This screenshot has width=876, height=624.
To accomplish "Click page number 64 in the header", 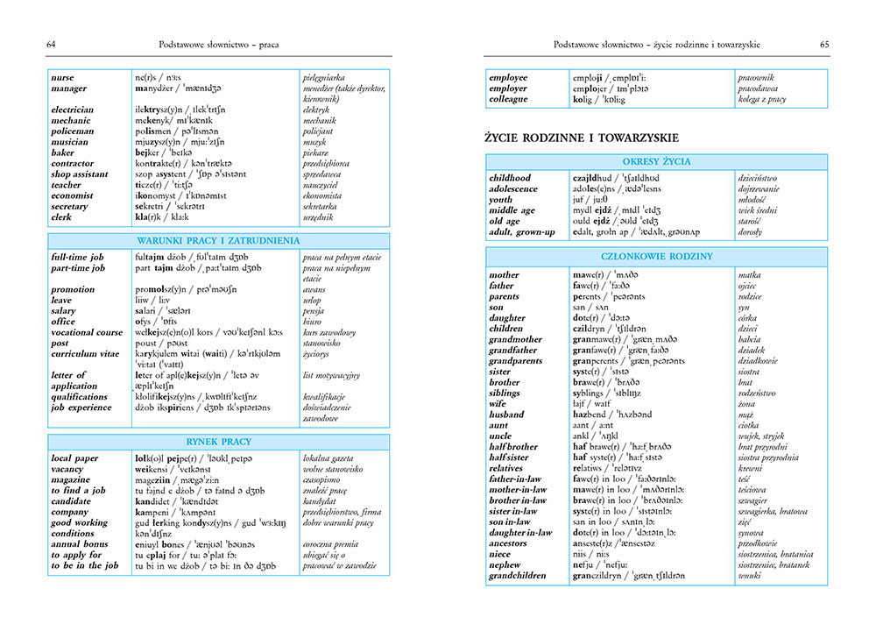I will (x=51, y=44).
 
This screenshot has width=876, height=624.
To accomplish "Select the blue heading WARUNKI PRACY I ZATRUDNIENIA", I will (x=218, y=240).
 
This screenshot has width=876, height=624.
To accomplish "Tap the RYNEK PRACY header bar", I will (x=218, y=443).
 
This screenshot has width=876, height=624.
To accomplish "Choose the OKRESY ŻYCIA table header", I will (x=656, y=162).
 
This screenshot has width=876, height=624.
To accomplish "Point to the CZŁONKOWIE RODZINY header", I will (x=656, y=257).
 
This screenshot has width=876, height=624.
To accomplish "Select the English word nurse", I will (x=62, y=78).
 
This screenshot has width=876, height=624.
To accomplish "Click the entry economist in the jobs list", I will (x=72, y=195).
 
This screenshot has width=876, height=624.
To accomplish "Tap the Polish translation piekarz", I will (x=314, y=152).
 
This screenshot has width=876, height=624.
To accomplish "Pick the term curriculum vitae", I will (x=87, y=353).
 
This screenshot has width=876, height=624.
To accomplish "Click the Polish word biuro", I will (x=312, y=322).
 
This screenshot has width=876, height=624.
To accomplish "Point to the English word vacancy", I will (x=68, y=469).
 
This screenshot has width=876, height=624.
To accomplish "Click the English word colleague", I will (x=509, y=100).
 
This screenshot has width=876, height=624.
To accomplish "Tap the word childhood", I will (x=510, y=179).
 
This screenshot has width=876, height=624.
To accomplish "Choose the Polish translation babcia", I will (x=751, y=339).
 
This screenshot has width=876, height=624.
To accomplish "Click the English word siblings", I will (x=506, y=393).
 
